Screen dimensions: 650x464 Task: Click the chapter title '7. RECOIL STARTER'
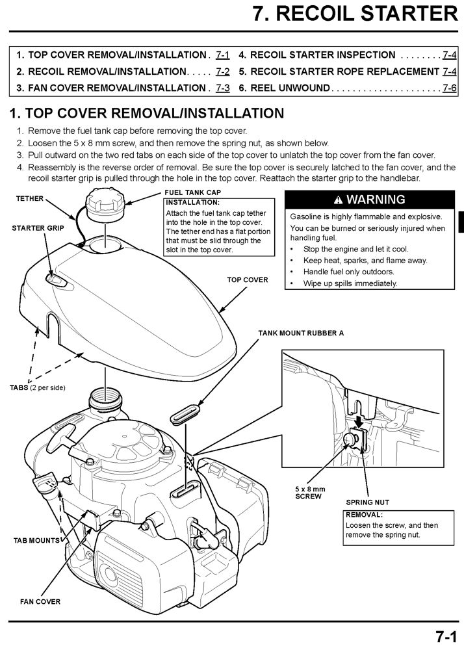[355, 14]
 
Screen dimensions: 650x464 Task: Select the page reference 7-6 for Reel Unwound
[449, 88]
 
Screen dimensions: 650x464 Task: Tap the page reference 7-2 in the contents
[223, 71]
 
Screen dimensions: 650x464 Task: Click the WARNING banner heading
[368, 200]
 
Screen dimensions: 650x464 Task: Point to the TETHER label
[29, 198]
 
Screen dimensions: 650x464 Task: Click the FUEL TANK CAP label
[193, 192]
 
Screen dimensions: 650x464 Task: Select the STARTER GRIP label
[38, 228]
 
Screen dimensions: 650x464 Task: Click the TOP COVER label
[247, 280]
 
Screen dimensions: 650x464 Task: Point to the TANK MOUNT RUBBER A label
[301, 333]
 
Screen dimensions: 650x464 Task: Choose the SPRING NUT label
[367, 502]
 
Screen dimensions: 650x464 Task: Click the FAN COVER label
[40, 602]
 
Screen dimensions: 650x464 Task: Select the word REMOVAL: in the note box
[364, 514]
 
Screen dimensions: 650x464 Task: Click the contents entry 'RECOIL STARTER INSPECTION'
[322, 55]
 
